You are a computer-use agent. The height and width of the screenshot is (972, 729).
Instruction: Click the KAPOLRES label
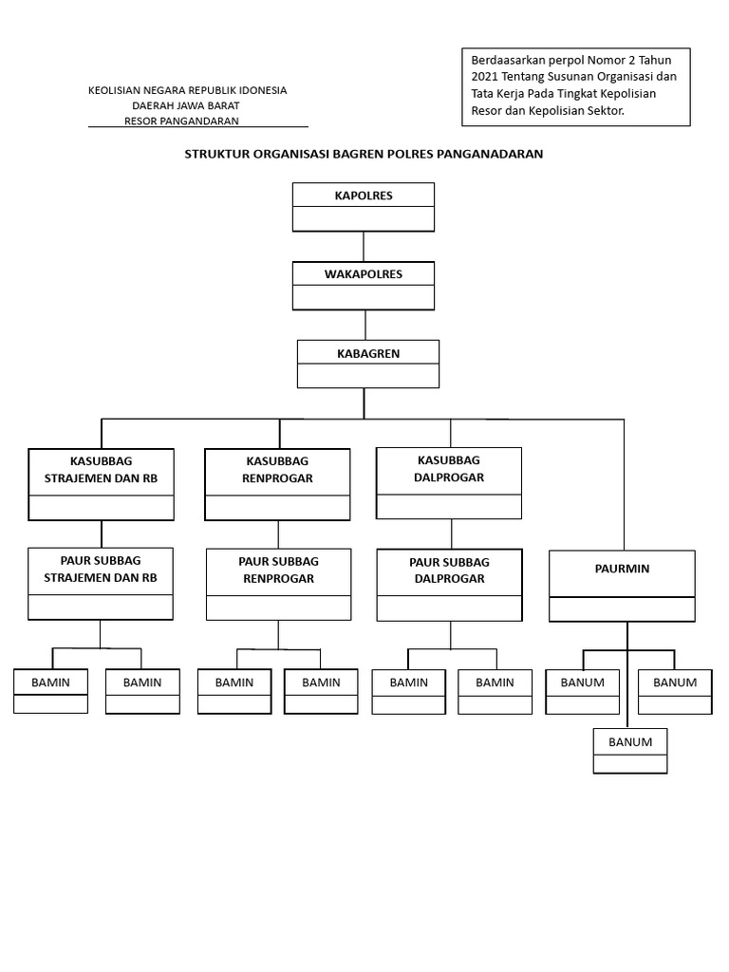pos(364,196)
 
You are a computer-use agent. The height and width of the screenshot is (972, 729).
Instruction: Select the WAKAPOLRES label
pos(364,274)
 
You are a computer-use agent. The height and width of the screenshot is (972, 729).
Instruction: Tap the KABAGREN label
pos(368,353)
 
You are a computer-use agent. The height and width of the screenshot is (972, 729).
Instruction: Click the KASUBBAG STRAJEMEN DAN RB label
pos(101,470)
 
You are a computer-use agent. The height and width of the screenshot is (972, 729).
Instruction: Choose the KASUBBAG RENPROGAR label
pos(278,470)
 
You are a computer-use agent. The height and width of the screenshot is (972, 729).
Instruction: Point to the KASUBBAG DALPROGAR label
pos(449,469)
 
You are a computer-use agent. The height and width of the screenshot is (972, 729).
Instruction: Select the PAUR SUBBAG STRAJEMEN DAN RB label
pos(101,570)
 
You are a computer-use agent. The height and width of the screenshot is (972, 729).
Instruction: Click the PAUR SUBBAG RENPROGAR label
pos(278,570)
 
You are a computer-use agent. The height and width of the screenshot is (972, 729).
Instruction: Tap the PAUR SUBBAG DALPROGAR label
pos(449,570)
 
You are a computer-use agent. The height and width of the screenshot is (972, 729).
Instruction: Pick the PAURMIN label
pos(622,569)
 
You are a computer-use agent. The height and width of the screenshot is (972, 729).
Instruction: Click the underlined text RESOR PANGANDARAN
pos(181,121)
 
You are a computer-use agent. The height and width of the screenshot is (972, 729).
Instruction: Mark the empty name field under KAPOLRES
pos(364,219)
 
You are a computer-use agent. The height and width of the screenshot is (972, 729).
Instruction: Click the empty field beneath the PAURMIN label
pos(622,608)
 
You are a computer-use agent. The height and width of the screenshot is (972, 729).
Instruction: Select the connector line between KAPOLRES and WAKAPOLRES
pos(364,246)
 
